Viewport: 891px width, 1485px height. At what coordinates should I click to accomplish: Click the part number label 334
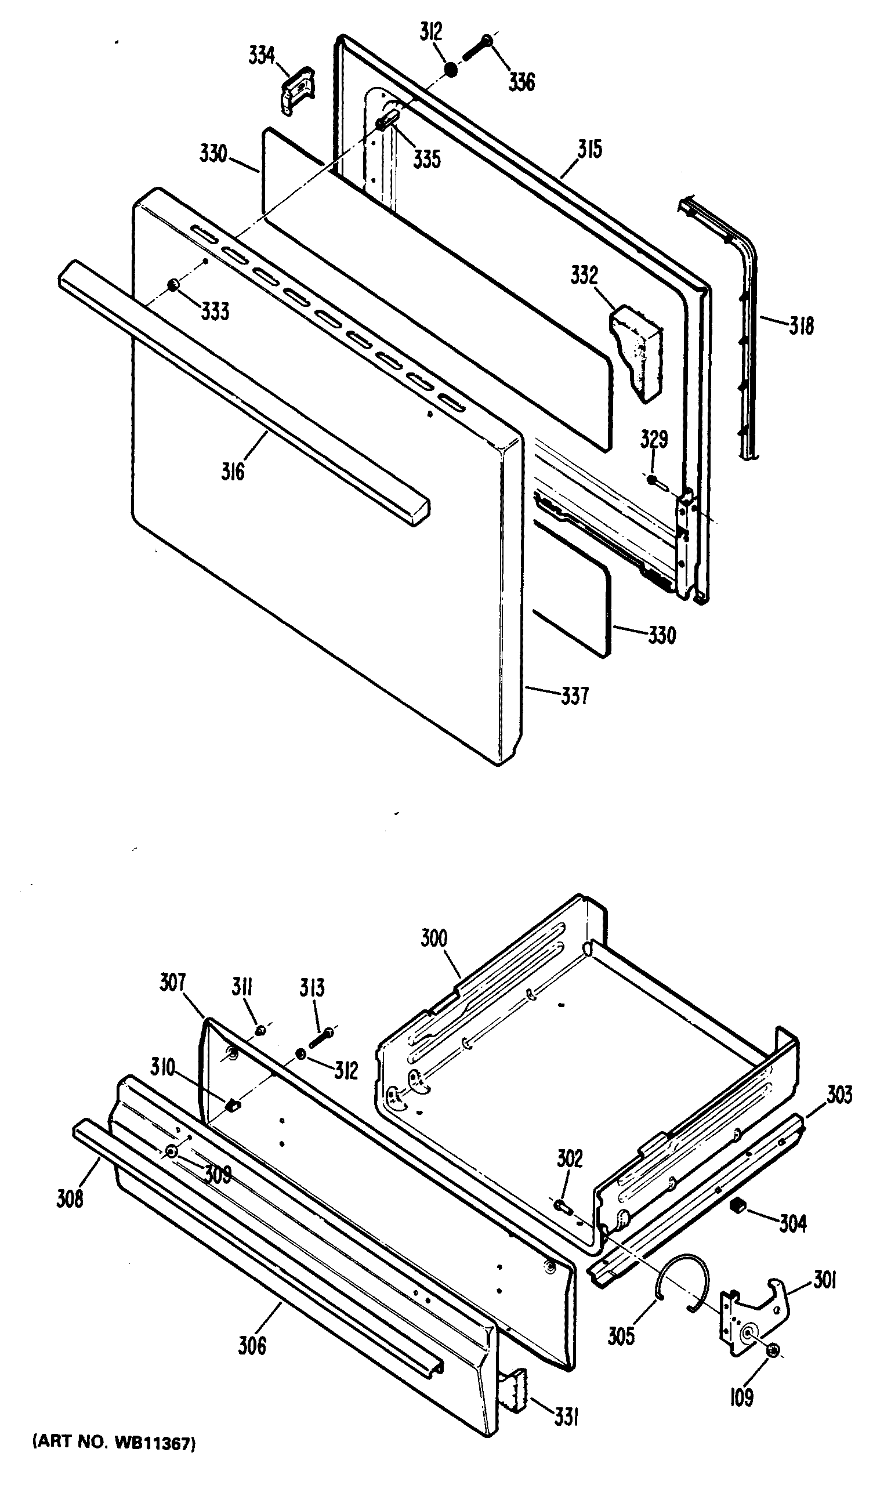pos(262,56)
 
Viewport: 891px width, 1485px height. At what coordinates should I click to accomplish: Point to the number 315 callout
pos(589,150)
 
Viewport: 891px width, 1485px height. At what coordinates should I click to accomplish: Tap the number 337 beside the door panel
pos(575,696)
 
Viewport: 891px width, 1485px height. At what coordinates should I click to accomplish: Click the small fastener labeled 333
pos(173,284)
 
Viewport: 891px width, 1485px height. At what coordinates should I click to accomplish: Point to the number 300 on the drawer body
pos(433,938)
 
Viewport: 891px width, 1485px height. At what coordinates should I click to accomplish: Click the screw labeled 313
pos(322,1037)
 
